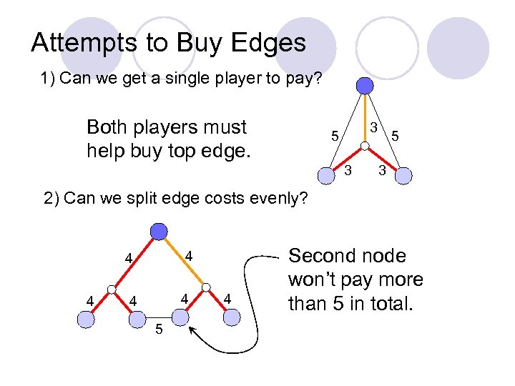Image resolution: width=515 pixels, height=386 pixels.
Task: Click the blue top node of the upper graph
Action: [x=365, y=86]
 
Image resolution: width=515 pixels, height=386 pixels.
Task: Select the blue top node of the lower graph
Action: [x=159, y=231]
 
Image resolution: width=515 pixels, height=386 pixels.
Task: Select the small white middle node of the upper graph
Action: [x=364, y=147]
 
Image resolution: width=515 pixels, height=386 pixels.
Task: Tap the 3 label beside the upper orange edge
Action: [x=373, y=127]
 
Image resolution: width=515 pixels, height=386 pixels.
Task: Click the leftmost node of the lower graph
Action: [x=86, y=320]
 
